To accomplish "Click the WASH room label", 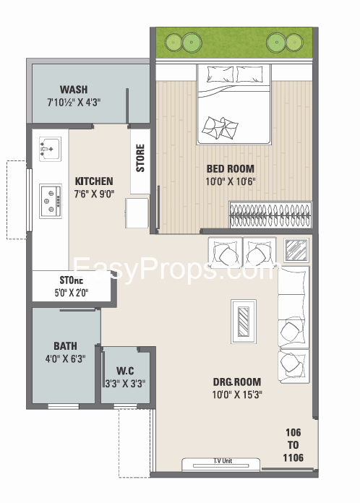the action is (x=74, y=89).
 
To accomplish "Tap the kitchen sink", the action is (x=50, y=149).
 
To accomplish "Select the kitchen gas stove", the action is (x=51, y=201).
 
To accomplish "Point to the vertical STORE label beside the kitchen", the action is (x=140, y=158).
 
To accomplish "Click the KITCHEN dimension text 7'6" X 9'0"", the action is (x=94, y=194).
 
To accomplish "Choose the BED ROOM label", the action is (x=231, y=168).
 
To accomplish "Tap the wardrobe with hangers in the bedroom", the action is (x=270, y=215).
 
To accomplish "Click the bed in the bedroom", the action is (x=233, y=104).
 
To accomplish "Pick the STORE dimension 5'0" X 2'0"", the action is (x=72, y=293).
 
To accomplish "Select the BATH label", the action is (x=65, y=345).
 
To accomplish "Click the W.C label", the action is (x=125, y=371).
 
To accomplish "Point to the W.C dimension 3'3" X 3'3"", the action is (x=126, y=383).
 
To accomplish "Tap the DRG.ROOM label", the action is (x=237, y=382).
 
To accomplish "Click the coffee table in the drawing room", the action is (x=244, y=322).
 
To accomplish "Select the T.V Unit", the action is (x=221, y=465).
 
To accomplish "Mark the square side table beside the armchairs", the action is (x=296, y=250).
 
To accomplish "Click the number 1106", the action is (x=293, y=457).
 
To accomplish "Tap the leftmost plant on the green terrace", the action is (x=173, y=43).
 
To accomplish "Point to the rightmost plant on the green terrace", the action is (x=294, y=43).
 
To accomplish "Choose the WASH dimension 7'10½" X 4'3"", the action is (x=74, y=103).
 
